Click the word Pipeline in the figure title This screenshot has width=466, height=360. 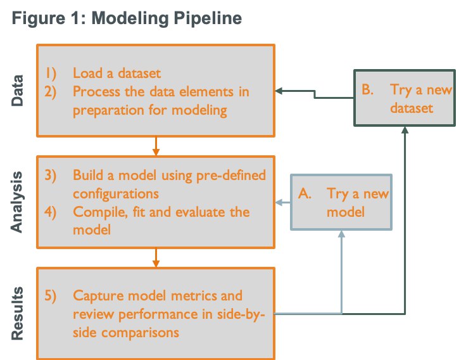pos(208,18)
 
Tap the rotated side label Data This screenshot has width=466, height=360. pos(17,91)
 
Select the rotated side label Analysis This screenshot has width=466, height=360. pos(16,202)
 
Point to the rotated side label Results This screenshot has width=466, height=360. pos(17,313)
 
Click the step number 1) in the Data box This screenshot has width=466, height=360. pos(51,73)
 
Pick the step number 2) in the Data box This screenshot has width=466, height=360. pos(51,92)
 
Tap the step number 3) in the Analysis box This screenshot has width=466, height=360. pos(51,175)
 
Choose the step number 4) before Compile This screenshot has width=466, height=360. pos(51,212)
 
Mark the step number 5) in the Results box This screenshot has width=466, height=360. pos(51,296)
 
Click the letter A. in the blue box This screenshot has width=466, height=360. pos(305,194)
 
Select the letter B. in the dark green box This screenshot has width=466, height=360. pos(368,89)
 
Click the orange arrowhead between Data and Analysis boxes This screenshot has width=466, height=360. pos(156,151)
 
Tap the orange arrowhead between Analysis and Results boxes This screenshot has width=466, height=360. pos(156,263)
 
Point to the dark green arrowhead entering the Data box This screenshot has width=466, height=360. pos(279,91)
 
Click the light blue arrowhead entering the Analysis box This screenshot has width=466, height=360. pos(279,203)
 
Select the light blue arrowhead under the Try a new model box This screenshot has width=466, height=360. pos(342,234)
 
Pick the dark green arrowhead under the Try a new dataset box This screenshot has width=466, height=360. pos(405,130)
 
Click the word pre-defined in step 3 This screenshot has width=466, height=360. pos(231,176)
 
